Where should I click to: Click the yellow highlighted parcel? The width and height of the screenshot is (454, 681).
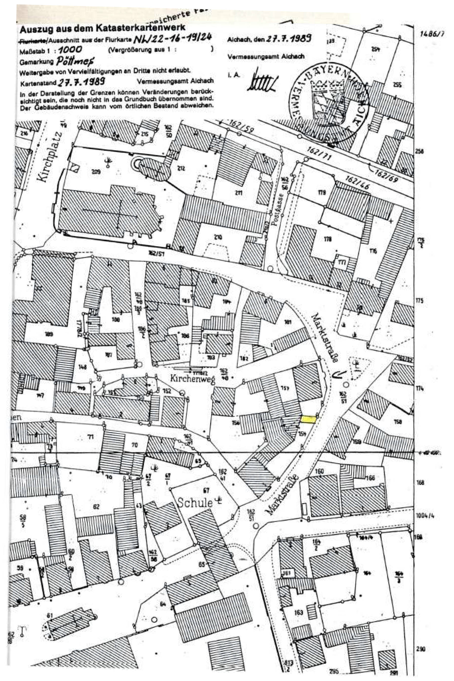[x=308, y=419]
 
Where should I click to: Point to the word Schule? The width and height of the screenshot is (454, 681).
[x=195, y=503]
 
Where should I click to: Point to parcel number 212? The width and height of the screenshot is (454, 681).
[x=181, y=168]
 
